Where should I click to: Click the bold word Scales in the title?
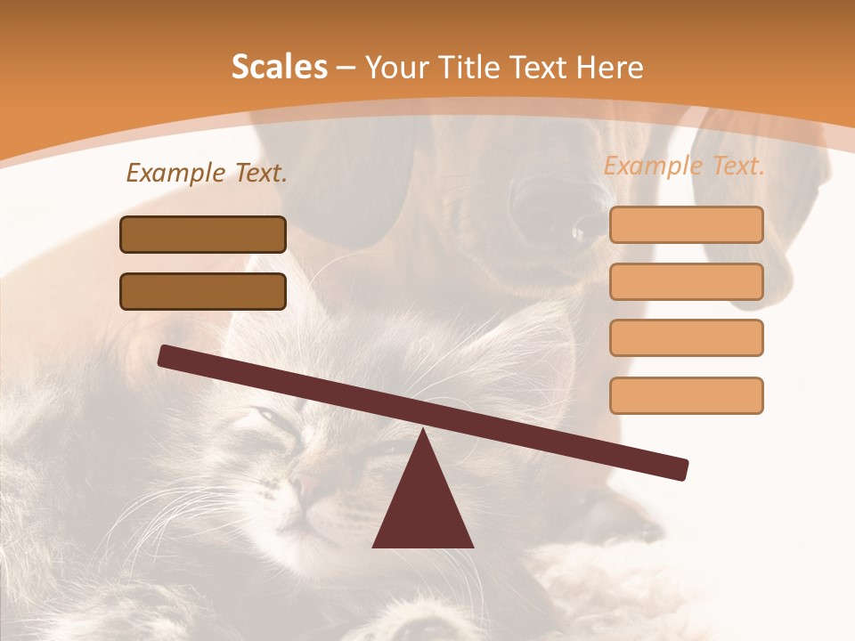click(x=279, y=67)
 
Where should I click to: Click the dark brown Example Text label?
click(x=207, y=173)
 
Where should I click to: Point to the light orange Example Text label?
click(x=684, y=166)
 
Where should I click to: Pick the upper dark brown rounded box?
click(x=203, y=234)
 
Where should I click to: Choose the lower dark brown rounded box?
click(x=203, y=291)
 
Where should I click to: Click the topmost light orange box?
click(x=686, y=224)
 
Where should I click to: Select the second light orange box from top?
click(x=686, y=281)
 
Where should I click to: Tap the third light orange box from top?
click(x=686, y=337)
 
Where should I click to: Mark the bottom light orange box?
click(x=686, y=395)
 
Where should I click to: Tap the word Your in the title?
click(x=397, y=67)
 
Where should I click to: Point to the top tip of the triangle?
click(x=423, y=430)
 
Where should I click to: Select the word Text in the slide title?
click(x=541, y=67)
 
